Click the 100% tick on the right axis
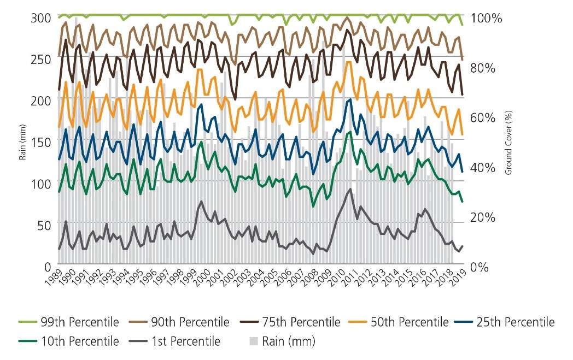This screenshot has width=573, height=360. pyautogui.click(x=486, y=18)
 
